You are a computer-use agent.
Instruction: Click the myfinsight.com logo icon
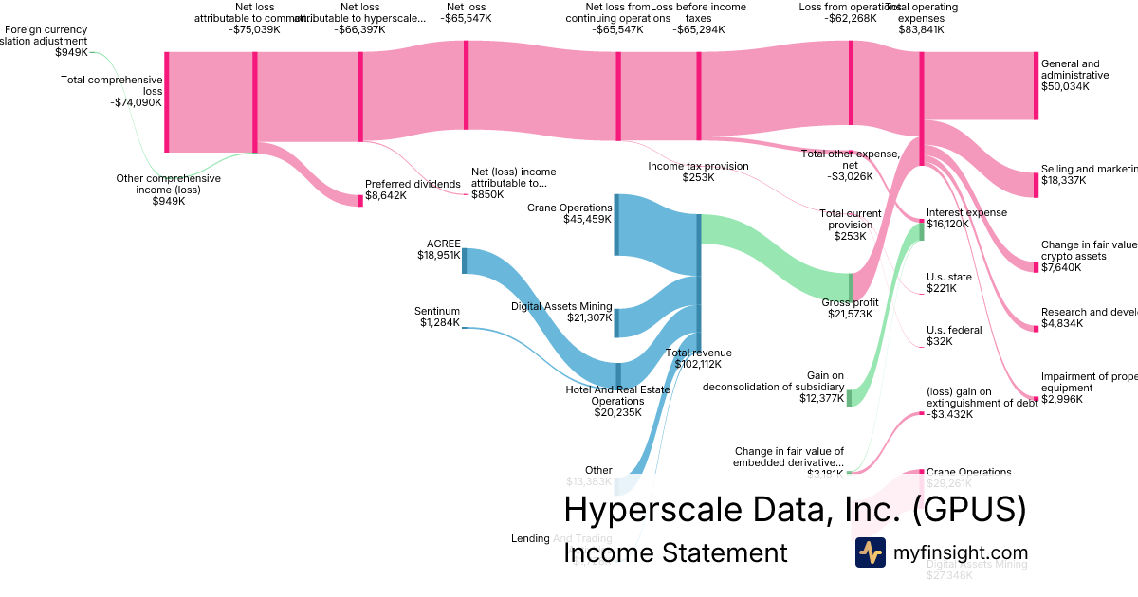tap(871, 552)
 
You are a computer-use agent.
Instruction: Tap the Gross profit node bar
tap(851, 286)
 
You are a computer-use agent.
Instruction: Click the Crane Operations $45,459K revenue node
tap(616, 225)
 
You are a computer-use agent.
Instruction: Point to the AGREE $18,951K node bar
tap(464, 261)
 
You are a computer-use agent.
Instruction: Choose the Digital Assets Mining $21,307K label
tap(561, 312)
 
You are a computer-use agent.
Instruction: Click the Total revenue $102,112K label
tap(698, 358)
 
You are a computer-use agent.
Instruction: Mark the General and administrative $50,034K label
tap(1074, 75)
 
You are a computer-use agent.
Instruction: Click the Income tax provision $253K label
tap(698, 172)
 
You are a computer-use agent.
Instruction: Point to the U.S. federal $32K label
tap(954, 335)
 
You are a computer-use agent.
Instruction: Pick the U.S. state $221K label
tap(949, 282)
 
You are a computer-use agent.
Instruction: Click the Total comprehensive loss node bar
tap(167, 101)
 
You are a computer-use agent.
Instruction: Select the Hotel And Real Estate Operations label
tap(618, 401)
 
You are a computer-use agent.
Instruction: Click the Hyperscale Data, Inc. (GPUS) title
tap(795, 510)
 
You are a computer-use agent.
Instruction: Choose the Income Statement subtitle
tap(675, 552)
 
